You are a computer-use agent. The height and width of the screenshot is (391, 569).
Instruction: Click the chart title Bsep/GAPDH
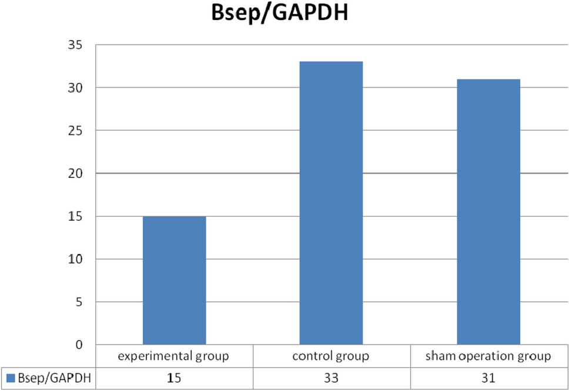[x=280, y=15]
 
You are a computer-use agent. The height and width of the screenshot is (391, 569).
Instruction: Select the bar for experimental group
[x=174, y=280]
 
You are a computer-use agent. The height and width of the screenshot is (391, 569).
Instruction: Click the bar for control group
[x=331, y=203]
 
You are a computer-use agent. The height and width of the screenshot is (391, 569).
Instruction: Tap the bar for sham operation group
[x=488, y=211]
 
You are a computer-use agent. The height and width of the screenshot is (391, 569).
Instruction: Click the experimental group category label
[x=174, y=356]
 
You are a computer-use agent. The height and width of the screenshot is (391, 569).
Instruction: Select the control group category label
[x=331, y=356]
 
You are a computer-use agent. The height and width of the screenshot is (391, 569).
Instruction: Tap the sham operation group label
[x=488, y=356]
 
